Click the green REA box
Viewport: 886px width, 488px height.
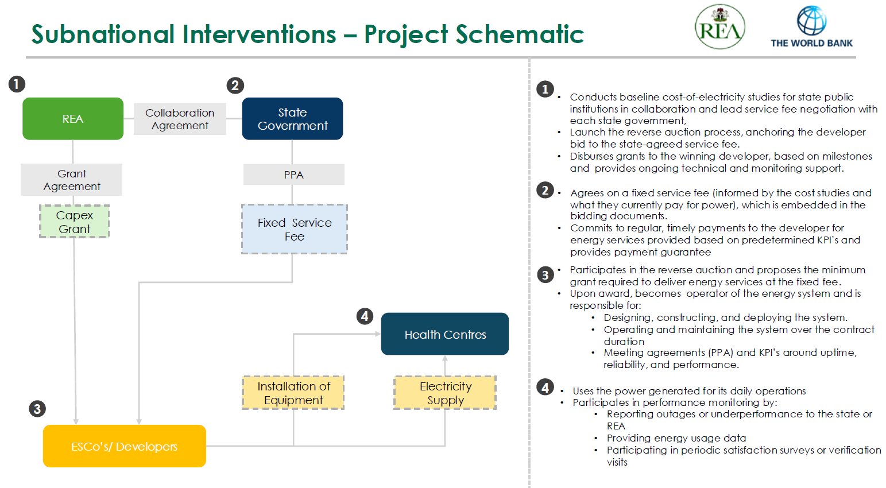point(73,119)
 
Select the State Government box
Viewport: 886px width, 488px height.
point(292,119)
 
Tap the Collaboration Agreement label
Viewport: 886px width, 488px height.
point(180,119)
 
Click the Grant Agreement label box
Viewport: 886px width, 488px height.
point(72,180)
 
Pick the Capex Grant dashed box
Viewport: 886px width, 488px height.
point(74,222)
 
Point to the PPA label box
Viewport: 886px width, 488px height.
point(293,175)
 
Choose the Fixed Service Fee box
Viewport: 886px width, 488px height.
point(294,229)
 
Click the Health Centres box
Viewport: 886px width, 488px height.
point(445,334)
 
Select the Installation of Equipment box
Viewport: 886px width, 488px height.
point(293,393)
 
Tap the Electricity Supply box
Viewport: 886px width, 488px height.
point(445,393)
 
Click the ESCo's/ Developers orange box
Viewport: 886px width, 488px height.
point(124,446)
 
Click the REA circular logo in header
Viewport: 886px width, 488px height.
point(719,27)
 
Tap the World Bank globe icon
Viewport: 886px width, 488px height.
point(811,21)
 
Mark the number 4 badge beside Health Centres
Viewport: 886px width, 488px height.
point(365,316)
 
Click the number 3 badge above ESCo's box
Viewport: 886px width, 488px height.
point(37,409)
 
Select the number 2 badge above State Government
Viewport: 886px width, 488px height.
point(235,86)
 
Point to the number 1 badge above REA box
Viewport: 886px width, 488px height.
point(17,84)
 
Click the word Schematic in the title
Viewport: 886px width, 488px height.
point(519,34)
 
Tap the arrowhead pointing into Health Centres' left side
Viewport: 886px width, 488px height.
point(377,334)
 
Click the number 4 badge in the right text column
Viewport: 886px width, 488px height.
point(545,388)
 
